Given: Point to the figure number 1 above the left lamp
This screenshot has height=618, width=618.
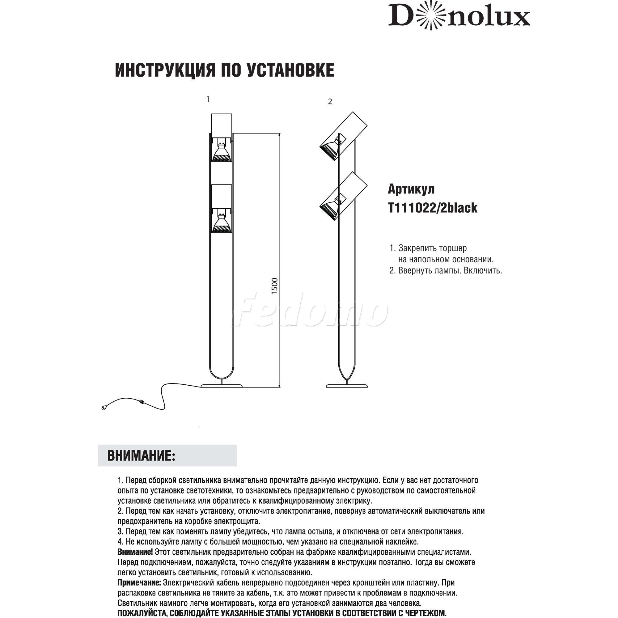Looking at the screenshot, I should coord(208,99).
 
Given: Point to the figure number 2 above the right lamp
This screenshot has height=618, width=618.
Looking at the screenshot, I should coord(330,102).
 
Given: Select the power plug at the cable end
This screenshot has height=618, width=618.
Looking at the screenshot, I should coord(104,408).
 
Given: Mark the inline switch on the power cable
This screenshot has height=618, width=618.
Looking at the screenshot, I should coord(141,401).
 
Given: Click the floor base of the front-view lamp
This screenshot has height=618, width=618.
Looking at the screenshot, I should coord(222,385).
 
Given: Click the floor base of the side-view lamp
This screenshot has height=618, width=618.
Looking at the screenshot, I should coord(346,385).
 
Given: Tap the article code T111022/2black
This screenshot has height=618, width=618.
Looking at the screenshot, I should coord(433,208).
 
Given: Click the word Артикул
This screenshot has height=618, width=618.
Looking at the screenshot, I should coord(411,189).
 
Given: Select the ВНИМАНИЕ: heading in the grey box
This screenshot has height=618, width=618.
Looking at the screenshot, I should coord(142,455).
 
